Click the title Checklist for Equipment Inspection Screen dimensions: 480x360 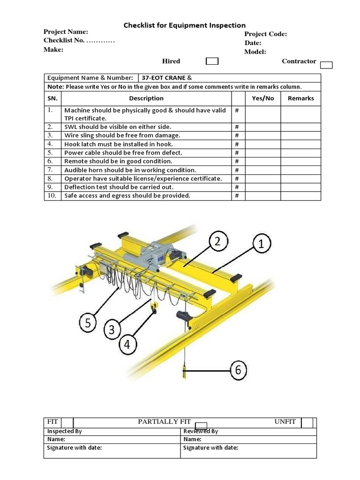(x=184, y=25)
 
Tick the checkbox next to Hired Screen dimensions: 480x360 (x=212, y=61)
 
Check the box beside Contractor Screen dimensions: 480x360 (x=327, y=65)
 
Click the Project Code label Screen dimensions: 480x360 (x=265, y=34)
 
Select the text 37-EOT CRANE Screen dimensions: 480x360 (x=161, y=78)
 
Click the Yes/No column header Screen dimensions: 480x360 (x=263, y=98)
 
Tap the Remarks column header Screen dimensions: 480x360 (x=300, y=98)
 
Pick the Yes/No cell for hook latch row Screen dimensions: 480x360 (x=263, y=144)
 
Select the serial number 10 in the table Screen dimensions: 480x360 (x=52, y=195)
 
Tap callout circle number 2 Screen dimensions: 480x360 (x=217, y=242)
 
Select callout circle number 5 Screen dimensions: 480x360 (x=88, y=322)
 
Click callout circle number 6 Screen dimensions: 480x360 (x=238, y=370)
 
